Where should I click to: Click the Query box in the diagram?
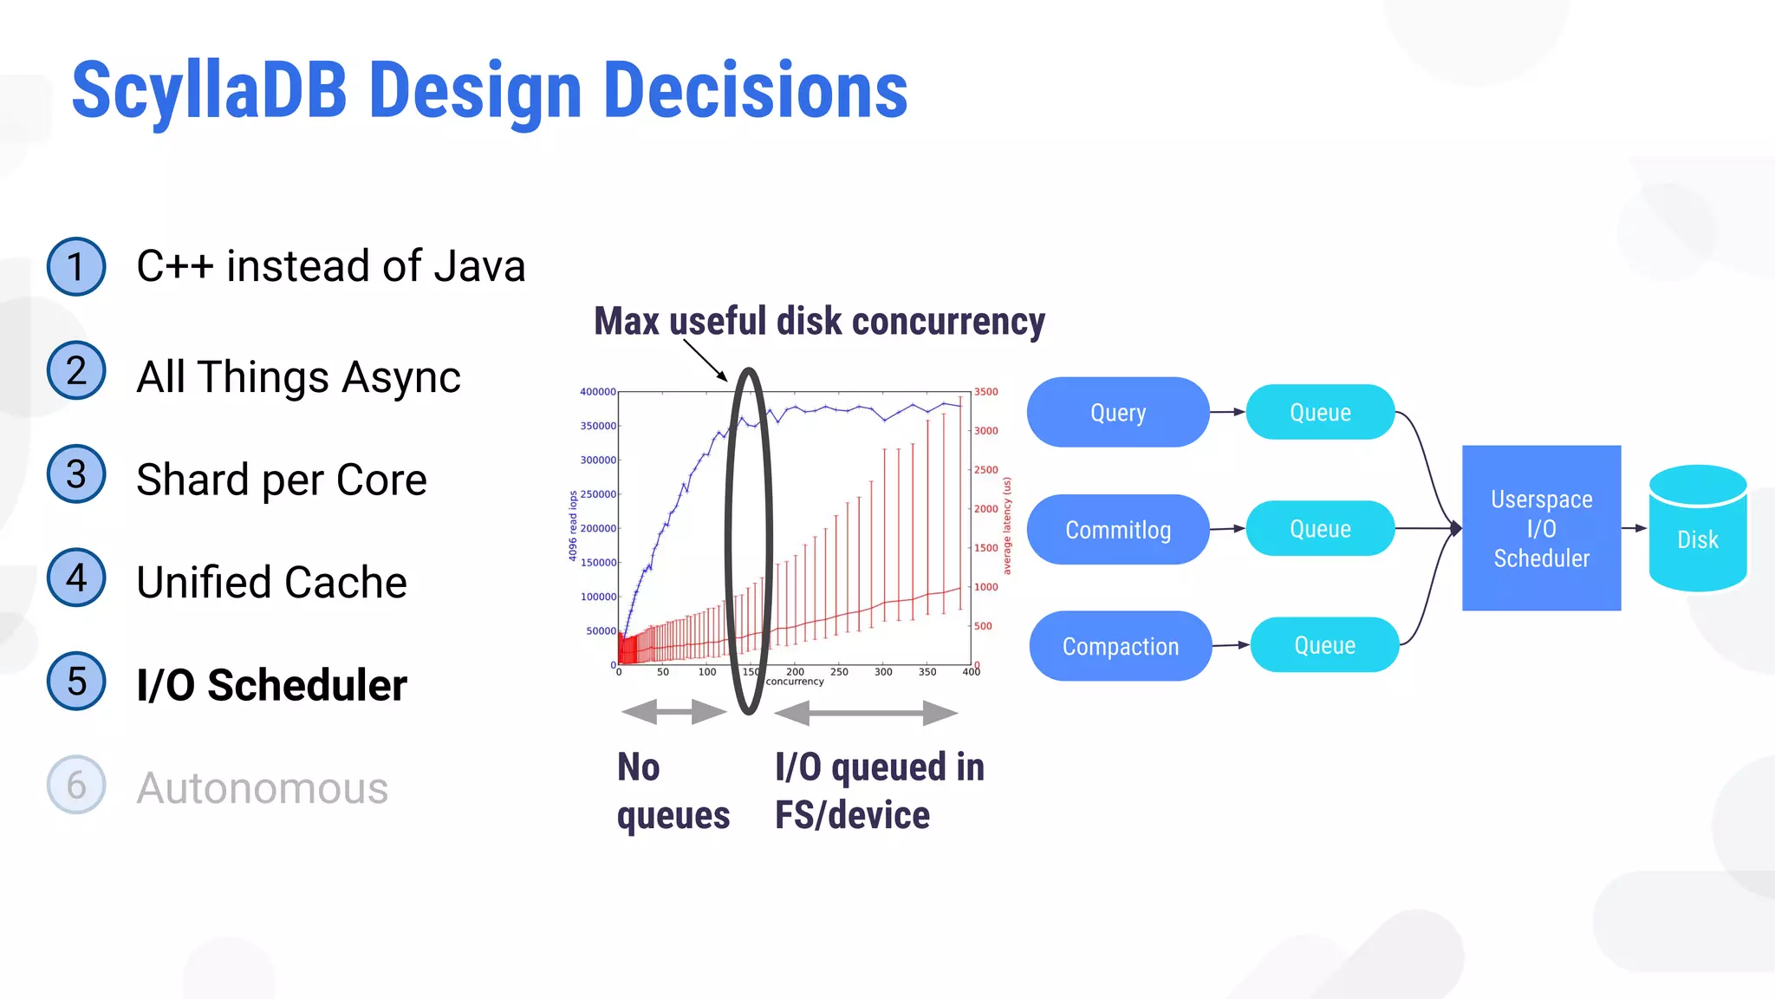click(x=1117, y=413)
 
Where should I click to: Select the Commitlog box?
click(x=1117, y=530)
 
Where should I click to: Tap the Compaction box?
click(x=1120, y=646)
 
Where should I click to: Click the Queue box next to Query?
click(x=1320, y=413)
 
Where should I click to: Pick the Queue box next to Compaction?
click(x=1324, y=645)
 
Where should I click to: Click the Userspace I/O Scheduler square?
click(x=1541, y=528)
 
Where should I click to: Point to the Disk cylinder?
click(x=1697, y=530)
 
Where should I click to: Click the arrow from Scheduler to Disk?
click(x=1634, y=528)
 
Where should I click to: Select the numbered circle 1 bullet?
click(x=76, y=266)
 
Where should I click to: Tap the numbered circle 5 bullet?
click(x=76, y=682)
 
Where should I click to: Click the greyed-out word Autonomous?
click(x=262, y=788)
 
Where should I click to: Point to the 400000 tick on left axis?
click(x=598, y=392)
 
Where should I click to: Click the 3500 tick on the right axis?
click(x=985, y=392)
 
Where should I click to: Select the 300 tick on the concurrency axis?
click(x=883, y=672)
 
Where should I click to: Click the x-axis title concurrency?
click(x=795, y=682)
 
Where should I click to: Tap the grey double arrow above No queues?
click(x=673, y=713)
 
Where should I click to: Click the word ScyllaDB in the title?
click(x=209, y=91)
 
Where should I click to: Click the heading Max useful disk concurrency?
click(x=819, y=322)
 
